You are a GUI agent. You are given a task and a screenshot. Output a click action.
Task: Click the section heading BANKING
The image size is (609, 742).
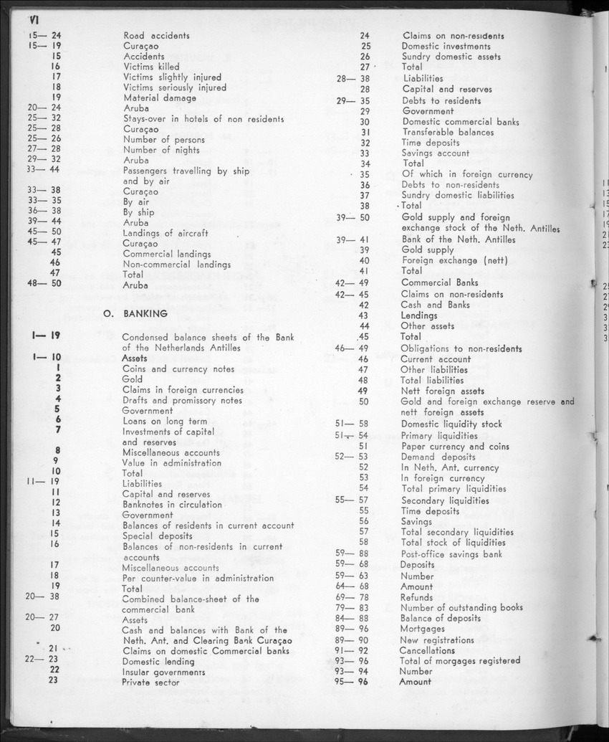coord(145,313)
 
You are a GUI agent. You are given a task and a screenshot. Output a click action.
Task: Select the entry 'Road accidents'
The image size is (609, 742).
coord(156,35)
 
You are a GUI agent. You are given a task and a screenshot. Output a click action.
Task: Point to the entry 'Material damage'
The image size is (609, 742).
coord(160,97)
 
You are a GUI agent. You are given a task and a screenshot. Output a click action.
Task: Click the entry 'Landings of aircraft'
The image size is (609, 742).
coord(166,232)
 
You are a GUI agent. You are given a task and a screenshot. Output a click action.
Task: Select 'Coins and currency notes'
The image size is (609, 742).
coord(178,368)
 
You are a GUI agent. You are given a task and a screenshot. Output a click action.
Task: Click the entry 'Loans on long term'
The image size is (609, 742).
coord(165,421)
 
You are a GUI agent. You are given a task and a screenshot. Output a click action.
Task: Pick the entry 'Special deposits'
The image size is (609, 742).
coord(158,536)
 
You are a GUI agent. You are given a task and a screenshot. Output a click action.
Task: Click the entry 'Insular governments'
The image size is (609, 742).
coord(163,672)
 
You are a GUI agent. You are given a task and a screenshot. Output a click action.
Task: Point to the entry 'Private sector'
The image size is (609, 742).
coord(150,682)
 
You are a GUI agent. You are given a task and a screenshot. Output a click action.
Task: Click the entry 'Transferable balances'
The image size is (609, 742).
coord(447,132)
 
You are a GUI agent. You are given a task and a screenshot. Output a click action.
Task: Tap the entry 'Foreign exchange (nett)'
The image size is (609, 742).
coord(454,260)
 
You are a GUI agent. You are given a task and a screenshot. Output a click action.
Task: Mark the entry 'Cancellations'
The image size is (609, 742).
coord(426,650)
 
